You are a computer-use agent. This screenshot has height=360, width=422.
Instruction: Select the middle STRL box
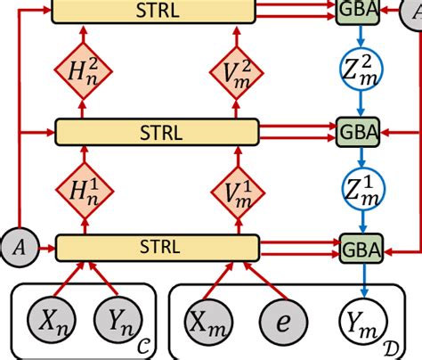click(x=160, y=133)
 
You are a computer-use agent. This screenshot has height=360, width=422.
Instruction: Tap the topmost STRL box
click(x=160, y=11)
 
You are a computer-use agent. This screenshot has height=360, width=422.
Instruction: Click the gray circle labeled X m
click(x=207, y=320)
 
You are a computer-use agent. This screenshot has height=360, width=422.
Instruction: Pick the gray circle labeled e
click(x=282, y=320)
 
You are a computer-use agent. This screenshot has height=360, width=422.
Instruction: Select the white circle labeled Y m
click(x=361, y=320)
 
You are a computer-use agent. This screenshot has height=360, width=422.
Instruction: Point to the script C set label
click(x=144, y=340)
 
